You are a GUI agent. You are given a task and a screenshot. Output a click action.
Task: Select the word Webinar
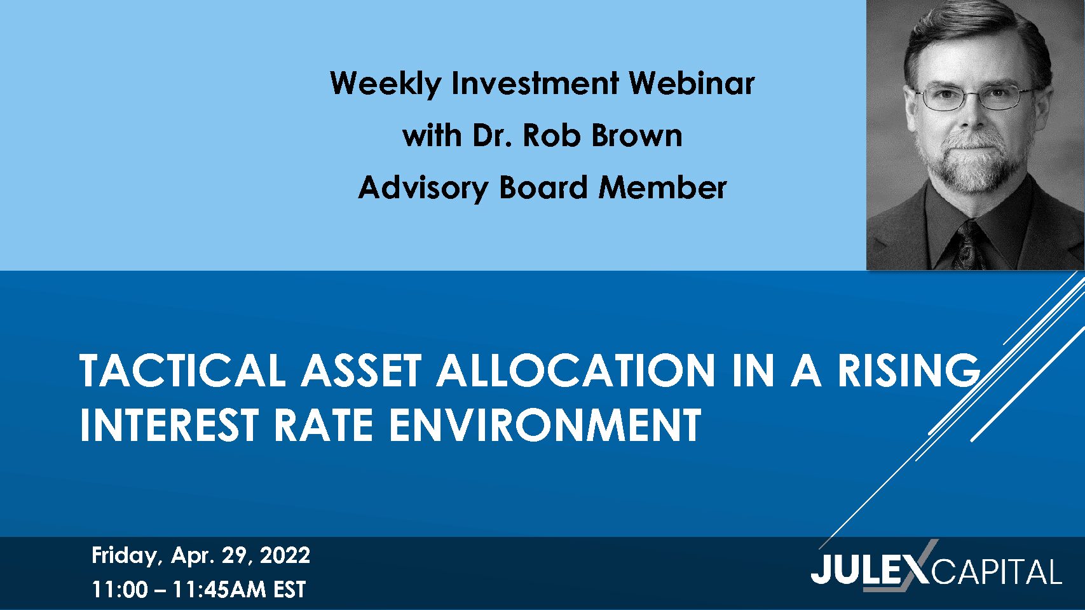[x=692, y=83]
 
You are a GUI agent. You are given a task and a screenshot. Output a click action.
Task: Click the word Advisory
[x=423, y=188]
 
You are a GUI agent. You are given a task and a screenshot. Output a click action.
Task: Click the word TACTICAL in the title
[x=182, y=370]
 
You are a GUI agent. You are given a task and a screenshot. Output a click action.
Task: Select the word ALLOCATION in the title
[x=577, y=370]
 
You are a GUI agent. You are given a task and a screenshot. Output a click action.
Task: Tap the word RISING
[x=909, y=370]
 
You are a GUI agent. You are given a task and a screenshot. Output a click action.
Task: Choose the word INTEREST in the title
[x=168, y=424]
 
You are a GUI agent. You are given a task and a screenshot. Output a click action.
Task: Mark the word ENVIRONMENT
[x=545, y=424]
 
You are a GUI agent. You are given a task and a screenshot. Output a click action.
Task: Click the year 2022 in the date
[x=285, y=556]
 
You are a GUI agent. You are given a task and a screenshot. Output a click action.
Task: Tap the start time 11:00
[x=120, y=590]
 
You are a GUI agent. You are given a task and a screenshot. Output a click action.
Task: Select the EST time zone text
[x=290, y=590]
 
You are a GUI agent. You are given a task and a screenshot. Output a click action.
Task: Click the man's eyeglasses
[x=974, y=97]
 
